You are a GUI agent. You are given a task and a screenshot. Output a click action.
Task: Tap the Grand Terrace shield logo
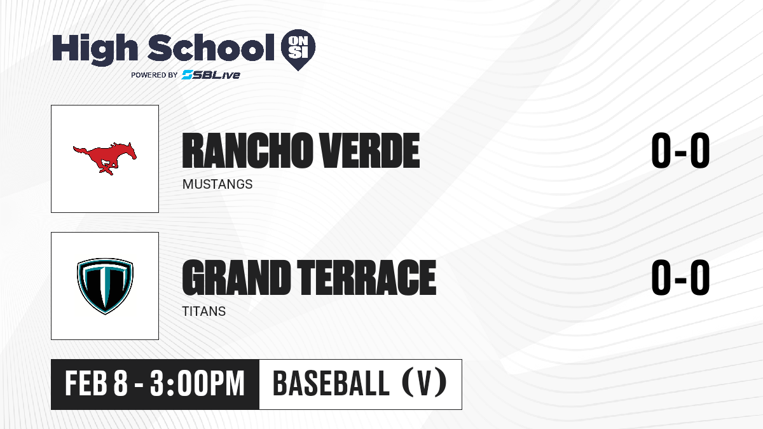coord(105,286)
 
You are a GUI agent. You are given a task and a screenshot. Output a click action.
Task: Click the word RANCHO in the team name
coord(246,151)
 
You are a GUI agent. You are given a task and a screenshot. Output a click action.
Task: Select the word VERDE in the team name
coord(369,151)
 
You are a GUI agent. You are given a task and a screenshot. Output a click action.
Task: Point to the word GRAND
coord(237,278)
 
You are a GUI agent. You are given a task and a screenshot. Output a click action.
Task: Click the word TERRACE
coord(366,278)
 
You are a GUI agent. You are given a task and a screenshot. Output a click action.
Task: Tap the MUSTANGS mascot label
coord(217,184)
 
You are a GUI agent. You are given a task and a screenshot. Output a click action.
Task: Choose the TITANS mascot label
coord(203,311)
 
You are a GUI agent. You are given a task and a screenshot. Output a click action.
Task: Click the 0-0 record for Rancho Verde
coord(680,151)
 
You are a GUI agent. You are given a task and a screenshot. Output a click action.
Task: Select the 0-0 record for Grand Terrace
coord(680,278)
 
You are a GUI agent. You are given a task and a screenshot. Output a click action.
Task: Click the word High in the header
coord(95,50)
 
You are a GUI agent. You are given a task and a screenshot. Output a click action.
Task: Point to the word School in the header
coord(211,48)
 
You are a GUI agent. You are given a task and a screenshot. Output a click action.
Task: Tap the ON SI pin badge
coord(298,50)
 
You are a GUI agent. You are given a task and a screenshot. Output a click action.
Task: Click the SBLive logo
coord(211,75)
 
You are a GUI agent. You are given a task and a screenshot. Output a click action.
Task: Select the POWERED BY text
coord(155,75)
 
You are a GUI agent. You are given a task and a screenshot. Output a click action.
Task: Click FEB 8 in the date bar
coord(97,384)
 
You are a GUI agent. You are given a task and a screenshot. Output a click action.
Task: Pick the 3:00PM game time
coord(197,384)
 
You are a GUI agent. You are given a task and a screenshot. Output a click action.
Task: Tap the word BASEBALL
coord(331,383)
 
